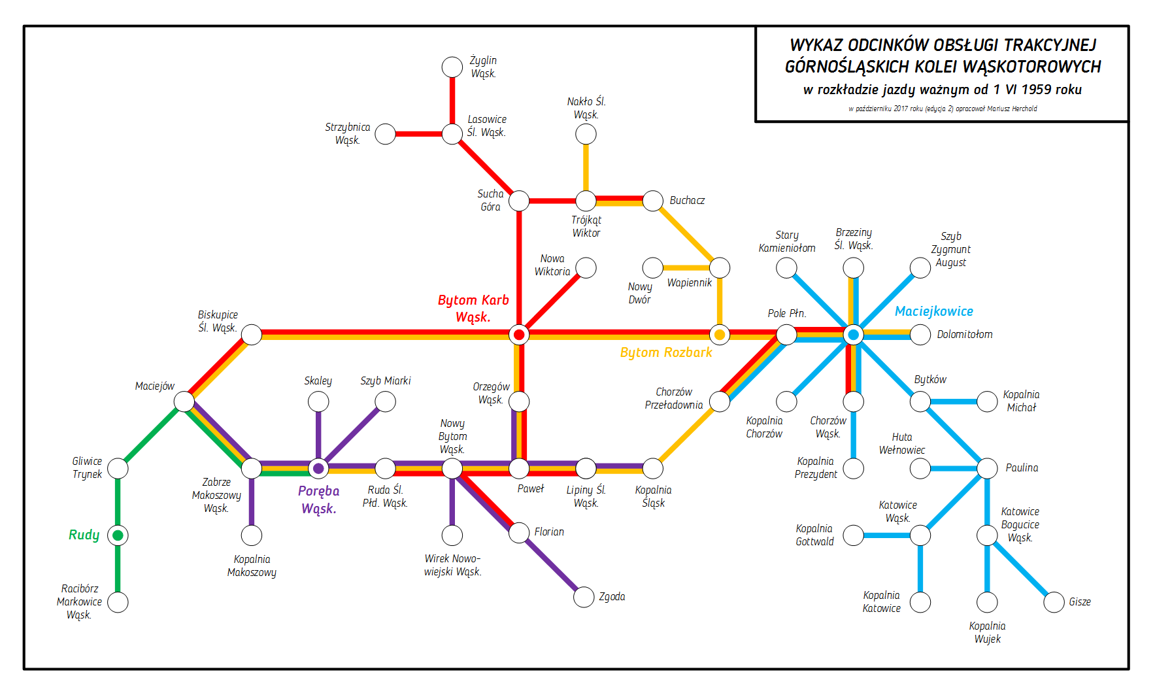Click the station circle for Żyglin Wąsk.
[452, 67]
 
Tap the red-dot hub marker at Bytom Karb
[519, 335]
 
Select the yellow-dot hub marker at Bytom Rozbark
[720, 335]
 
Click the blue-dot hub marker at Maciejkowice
[853, 335]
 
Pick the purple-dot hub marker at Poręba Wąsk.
[318, 468]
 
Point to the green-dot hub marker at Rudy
[118, 535]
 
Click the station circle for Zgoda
[584, 596]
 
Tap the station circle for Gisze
[1054, 602]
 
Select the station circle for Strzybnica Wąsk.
[385, 134]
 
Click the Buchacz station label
[687, 201]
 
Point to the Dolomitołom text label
[964, 335]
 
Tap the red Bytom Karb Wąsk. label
[473, 309]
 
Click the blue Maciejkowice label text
[933, 312]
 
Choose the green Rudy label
[84, 535]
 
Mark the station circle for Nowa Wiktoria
[586, 267]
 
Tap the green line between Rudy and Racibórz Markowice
[118, 569]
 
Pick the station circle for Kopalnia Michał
[987, 401]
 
